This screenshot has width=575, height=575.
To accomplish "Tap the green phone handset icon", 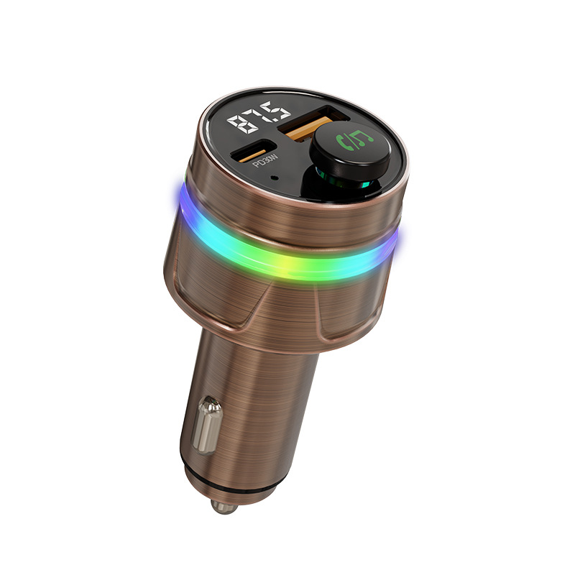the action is (346, 142).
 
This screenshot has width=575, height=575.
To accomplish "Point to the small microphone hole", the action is (274, 178).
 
